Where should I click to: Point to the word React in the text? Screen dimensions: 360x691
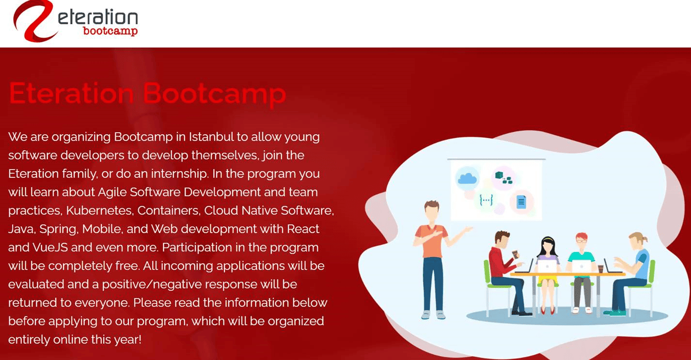click(303, 229)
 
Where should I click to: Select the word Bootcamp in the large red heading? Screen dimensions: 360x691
click(214, 93)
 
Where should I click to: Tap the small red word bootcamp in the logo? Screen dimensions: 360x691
click(110, 31)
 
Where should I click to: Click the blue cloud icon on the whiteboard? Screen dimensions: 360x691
click(467, 179)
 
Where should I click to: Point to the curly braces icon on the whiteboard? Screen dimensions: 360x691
click(486, 200)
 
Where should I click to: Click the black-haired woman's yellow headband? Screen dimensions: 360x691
click(548, 239)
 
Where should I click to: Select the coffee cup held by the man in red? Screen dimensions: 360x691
click(515, 254)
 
